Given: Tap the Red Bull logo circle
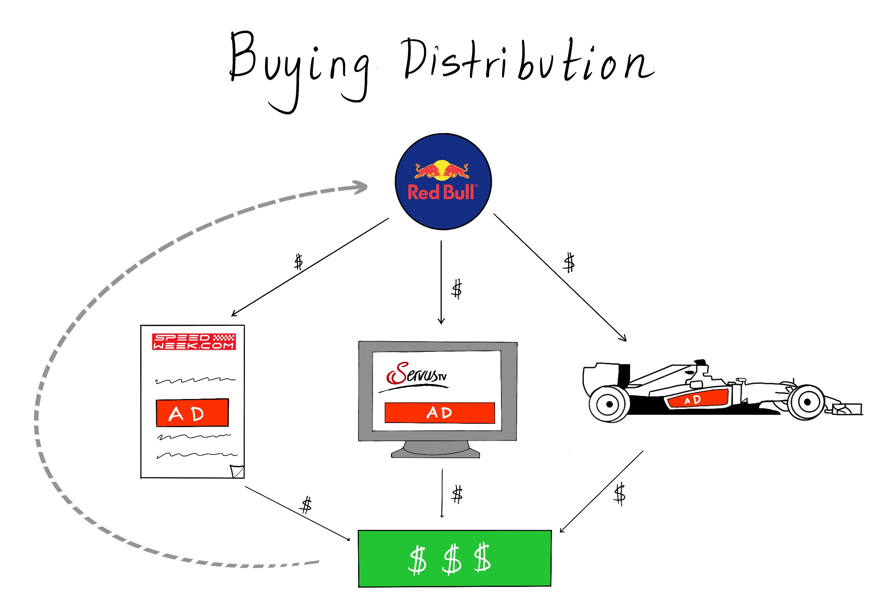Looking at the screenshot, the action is pos(443,181).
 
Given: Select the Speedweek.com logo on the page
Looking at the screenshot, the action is pos(194,342).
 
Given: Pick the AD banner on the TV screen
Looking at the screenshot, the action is pos(439,413).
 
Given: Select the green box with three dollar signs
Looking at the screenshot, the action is pos(454,558).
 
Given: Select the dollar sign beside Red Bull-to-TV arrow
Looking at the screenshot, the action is pos(457,289).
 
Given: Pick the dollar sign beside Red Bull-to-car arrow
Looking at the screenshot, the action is pos(568,263).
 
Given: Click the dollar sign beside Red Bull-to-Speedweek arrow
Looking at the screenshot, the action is pos(298,262).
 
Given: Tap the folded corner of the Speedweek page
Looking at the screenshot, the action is pos(237,471).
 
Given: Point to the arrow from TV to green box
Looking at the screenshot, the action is pos(442,493).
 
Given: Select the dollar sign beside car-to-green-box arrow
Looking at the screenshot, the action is pos(619,494).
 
